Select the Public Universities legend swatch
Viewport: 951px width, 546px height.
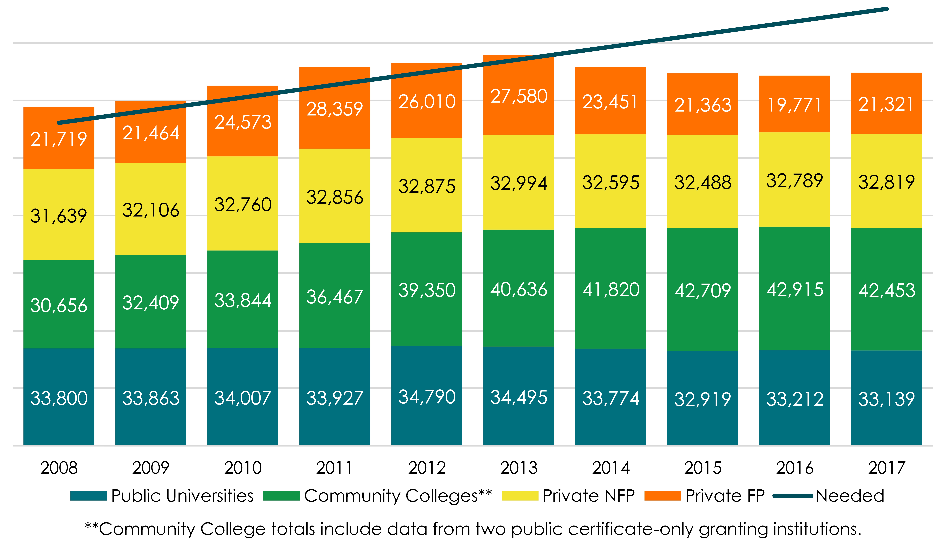click(x=89, y=496)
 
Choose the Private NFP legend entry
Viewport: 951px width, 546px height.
click(x=589, y=496)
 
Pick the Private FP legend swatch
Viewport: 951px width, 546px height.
click(x=662, y=496)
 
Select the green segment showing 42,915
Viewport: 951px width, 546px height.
click(x=795, y=290)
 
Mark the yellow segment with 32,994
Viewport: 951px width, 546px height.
click(x=519, y=183)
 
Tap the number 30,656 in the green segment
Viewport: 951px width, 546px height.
click(x=59, y=305)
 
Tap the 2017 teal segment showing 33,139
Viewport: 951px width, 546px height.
click(x=887, y=399)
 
